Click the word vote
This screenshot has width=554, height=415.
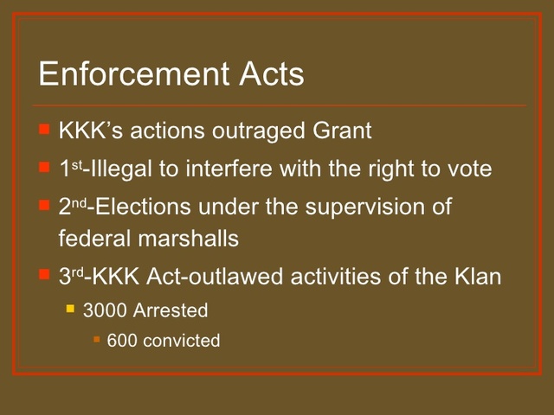pyautogui.click(x=469, y=169)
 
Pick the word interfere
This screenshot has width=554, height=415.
pyautogui.click(x=222, y=169)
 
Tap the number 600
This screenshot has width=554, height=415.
pyautogui.click(x=122, y=341)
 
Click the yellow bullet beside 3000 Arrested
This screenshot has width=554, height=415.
pyautogui.click(x=71, y=308)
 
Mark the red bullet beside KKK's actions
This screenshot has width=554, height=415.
pyautogui.click(x=45, y=130)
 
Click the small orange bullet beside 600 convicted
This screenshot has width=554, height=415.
pyautogui.click(x=97, y=339)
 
